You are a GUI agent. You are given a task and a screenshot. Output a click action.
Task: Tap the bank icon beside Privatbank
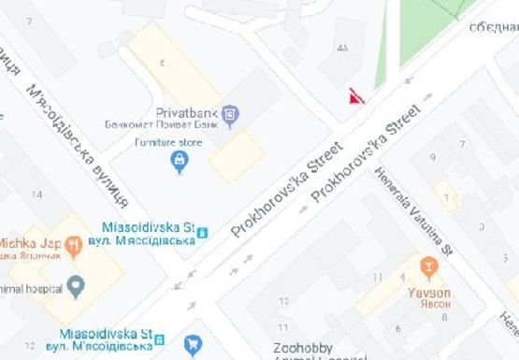(x=231, y=115)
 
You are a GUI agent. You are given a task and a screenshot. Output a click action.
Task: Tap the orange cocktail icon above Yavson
(x=429, y=267)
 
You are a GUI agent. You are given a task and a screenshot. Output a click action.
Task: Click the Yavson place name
(x=429, y=291)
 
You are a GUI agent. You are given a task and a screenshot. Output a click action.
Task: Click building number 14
(x=36, y=194)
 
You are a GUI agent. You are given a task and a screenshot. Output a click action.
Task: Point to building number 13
(x=285, y=300)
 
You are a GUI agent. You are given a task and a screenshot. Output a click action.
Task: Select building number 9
(x=432, y=156)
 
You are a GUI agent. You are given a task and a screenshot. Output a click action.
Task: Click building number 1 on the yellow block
(x=449, y=196)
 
